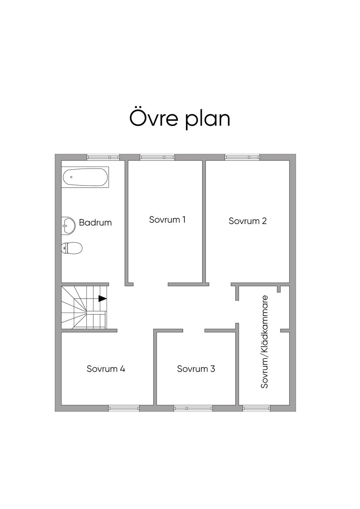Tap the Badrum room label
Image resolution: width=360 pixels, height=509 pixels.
point(95,222)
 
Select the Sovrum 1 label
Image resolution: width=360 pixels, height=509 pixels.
point(167,220)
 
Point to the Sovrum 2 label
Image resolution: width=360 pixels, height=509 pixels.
point(247,221)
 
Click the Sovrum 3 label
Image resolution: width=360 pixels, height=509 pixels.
point(196,368)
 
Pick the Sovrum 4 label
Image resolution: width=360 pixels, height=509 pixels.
point(106,368)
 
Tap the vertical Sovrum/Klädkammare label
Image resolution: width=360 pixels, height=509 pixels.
point(264,341)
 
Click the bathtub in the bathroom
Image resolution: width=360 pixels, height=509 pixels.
point(85,177)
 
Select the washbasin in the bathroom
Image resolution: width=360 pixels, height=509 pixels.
point(68,226)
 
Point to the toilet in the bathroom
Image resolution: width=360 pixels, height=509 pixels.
point(72,248)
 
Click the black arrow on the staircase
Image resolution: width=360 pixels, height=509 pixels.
point(102,299)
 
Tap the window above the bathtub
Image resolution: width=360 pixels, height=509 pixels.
point(103,157)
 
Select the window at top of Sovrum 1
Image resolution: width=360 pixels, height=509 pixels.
point(157,157)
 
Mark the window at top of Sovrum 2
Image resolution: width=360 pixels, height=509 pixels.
point(242,157)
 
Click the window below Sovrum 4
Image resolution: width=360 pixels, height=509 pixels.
point(124,408)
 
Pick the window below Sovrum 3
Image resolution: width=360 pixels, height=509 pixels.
point(193,408)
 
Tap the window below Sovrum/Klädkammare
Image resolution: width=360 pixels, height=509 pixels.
point(256,408)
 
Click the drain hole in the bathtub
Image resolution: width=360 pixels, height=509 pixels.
point(71,177)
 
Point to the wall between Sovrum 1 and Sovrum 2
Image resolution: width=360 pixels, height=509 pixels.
point(204,223)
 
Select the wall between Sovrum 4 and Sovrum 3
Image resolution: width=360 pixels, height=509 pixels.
point(155,367)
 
